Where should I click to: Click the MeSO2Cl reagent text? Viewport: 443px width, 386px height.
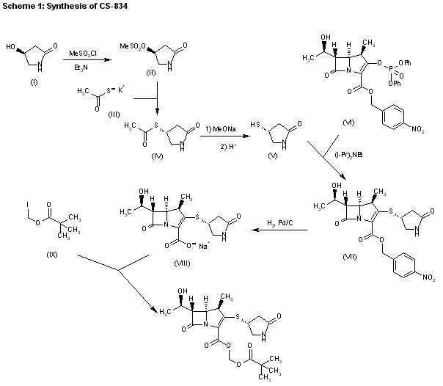[x=82, y=54]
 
